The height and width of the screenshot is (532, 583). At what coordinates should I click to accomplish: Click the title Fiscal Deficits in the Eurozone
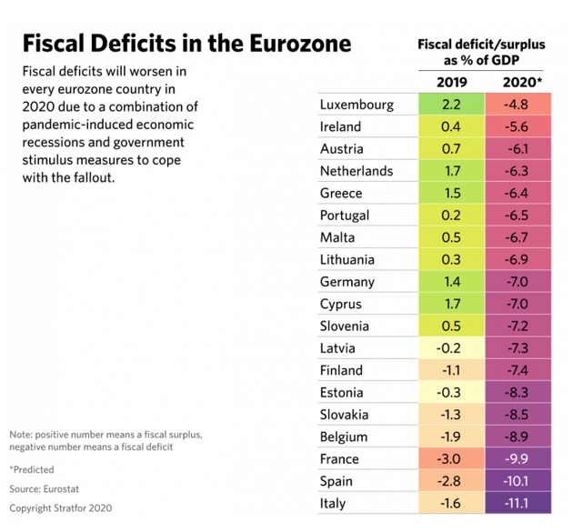(186, 45)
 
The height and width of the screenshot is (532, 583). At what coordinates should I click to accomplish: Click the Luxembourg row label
(357, 105)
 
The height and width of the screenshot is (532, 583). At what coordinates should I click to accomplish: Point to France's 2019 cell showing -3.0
(450, 458)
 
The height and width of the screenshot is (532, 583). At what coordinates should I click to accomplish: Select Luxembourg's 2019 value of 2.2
(450, 105)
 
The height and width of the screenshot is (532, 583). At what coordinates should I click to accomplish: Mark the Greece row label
(341, 193)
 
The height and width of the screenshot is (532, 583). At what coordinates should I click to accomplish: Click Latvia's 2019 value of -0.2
(450, 348)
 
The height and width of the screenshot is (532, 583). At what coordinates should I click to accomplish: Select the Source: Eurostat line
(45, 488)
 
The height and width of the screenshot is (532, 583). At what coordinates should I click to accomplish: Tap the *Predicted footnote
(32, 469)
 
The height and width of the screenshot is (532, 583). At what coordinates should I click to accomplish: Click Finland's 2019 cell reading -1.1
(450, 370)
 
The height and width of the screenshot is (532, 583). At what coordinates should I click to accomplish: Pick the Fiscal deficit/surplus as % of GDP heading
(479, 52)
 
